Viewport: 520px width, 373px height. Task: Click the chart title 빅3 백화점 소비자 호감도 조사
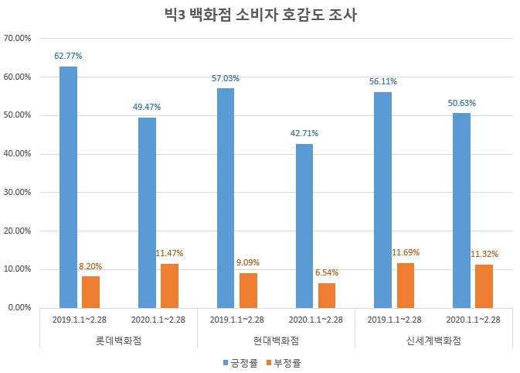[x=260, y=15]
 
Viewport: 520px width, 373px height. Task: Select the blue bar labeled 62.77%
[x=68, y=186]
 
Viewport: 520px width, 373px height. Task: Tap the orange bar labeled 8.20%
[x=91, y=292]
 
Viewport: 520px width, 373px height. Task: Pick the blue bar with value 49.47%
[x=147, y=212]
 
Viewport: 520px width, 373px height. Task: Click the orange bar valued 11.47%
[x=170, y=286]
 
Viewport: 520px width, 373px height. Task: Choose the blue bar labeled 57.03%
[x=226, y=197]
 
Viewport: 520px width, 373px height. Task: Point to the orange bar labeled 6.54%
[x=327, y=295]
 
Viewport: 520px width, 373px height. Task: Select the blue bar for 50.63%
[x=461, y=210]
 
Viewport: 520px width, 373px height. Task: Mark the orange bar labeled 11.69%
[x=406, y=285]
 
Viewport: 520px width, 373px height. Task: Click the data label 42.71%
[x=304, y=133]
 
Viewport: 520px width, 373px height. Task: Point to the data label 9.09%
[x=249, y=262]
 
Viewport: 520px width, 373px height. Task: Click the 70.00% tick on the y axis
[x=18, y=38]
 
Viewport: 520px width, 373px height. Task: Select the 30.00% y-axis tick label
[x=18, y=192]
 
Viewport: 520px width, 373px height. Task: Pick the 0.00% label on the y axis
[x=20, y=308]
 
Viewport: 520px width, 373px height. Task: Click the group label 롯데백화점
[x=119, y=340]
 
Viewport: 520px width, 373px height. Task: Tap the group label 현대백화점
[x=276, y=340]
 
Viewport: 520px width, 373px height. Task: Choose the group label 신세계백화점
[x=433, y=340]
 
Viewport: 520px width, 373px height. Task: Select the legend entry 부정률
[x=285, y=361]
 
